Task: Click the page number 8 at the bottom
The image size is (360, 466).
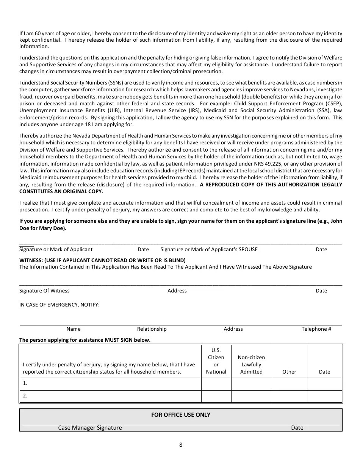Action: tap(181, 445)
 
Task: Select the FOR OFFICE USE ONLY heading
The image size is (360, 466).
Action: tap(181, 414)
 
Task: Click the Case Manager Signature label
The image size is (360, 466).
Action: tap(90, 428)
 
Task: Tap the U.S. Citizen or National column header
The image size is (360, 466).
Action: tap(216, 361)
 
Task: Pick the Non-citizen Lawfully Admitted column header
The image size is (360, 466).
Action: tap(251, 364)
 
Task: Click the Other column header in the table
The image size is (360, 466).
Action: tap(289, 372)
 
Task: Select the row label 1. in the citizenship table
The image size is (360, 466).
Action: tap(25, 383)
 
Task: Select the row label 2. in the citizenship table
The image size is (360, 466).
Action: tap(25, 396)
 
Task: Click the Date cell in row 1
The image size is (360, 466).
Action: tap(324, 383)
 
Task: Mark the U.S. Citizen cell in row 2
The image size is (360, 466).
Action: tap(216, 396)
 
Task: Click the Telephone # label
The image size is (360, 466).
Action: tap(316, 329)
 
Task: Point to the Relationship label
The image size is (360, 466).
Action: tap(152, 329)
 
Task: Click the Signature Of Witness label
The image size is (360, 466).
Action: tap(44, 291)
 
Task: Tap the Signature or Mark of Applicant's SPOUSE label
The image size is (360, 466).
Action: tap(209, 249)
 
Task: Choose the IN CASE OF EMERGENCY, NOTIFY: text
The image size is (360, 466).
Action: tap(59, 305)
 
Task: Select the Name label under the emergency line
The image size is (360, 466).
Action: tap(74, 329)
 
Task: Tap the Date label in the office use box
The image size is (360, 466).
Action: tap(297, 428)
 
